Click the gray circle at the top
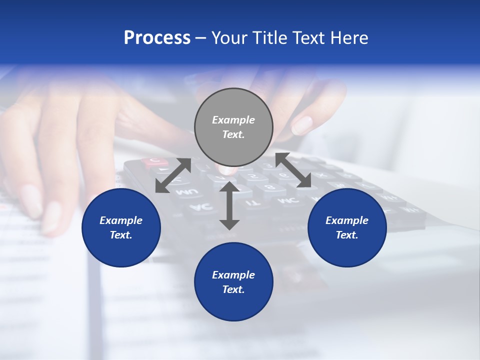233,127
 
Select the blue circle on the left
121,227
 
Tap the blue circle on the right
347,227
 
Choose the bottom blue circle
233,282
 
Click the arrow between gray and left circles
173,175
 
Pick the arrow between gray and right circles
293,170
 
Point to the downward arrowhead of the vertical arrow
229,223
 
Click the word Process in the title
157,38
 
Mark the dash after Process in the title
201,38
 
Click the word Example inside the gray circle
233,120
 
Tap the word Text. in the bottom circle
233,289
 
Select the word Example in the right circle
347,220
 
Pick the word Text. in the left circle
121,235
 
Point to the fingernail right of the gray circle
302,125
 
